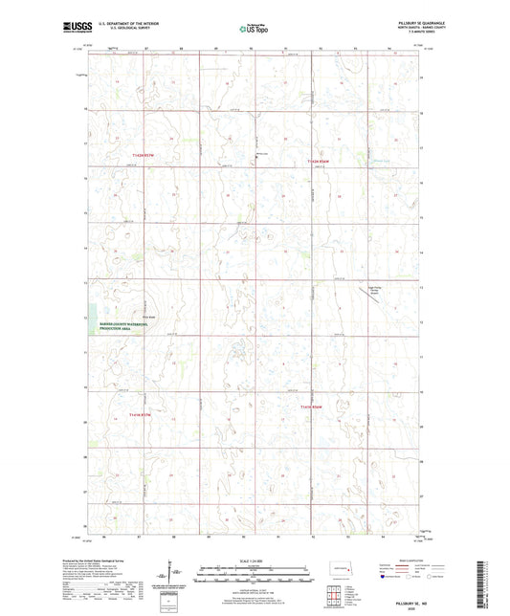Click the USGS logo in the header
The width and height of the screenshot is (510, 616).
click(x=74, y=28)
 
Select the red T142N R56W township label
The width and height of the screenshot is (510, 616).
click(x=318, y=162)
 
